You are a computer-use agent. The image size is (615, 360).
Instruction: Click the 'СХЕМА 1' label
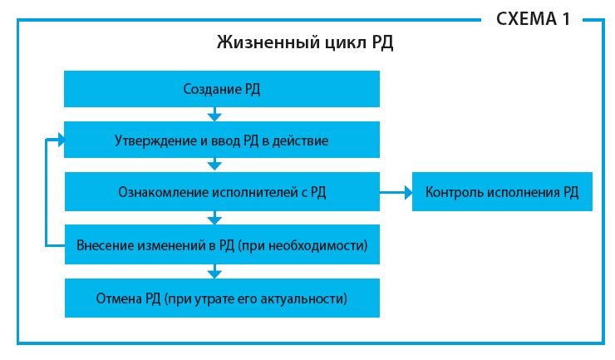[x=533, y=19]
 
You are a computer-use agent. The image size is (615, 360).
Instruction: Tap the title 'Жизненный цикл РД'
[x=305, y=42]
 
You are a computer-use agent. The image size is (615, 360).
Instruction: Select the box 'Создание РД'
[x=222, y=89]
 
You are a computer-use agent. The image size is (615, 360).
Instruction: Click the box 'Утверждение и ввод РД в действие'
[x=222, y=140]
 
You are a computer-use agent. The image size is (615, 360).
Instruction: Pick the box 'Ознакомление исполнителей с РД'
[x=222, y=191]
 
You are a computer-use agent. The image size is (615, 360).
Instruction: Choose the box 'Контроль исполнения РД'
[x=502, y=191]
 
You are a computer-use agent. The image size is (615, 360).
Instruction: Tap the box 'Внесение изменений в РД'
[x=222, y=244]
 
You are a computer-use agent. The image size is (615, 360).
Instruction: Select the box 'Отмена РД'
[x=222, y=298]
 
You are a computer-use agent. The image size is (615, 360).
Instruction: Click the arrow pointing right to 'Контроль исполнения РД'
[x=396, y=192]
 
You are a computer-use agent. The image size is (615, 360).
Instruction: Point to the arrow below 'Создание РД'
[x=214, y=114]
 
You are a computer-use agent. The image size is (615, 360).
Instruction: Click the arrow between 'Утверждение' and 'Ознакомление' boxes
[x=214, y=164]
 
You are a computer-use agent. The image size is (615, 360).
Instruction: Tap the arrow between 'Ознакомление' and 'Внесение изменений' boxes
[x=214, y=218]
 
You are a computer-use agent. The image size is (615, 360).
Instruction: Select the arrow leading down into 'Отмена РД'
[x=214, y=271]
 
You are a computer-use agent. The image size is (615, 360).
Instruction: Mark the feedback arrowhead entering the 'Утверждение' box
[x=61, y=140]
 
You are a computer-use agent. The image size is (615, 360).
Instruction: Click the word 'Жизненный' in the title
[x=268, y=42]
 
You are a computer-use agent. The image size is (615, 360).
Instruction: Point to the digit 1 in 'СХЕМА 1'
[x=566, y=19]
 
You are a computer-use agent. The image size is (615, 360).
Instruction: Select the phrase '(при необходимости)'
[x=303, y=245]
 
